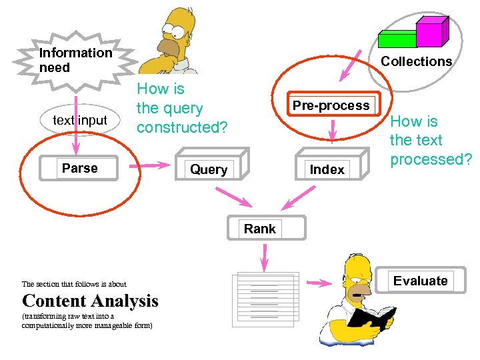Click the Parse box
click(80, 169)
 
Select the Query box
click(209, 169)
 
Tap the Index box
click(327, 169)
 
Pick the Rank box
click(260, 229)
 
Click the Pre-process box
click(331, 105)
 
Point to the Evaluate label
click(420, 281)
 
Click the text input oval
click(80, 121)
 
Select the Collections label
click(416, 61)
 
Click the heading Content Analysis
click(91, 301)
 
